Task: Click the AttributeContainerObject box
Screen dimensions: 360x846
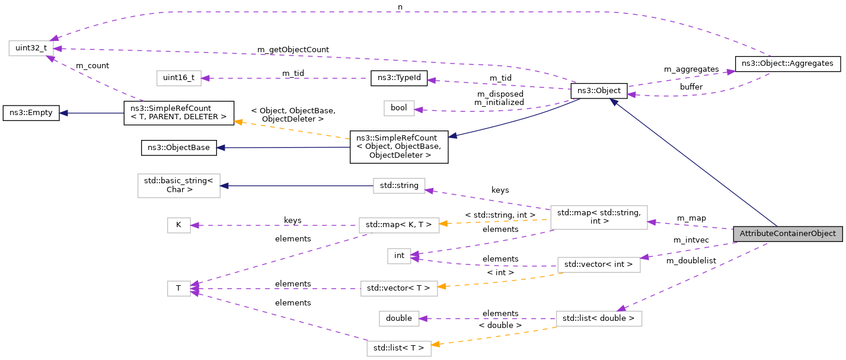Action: click(787, 234)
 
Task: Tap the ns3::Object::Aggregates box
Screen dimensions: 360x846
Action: click(787, 63)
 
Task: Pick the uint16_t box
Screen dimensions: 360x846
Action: click(178, 78)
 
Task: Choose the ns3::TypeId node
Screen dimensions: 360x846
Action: click(400, 78)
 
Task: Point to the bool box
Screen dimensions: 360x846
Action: click(399, 108)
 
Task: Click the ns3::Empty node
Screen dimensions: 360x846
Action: click(31, 113)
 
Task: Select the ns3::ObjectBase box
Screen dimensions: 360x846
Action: click(178, 147)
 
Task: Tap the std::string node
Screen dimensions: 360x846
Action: click(399, 186)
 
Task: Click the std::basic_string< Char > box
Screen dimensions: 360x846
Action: click(178, 186)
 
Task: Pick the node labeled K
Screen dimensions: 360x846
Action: click(178, 225)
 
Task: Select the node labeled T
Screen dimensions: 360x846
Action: click(178, 289)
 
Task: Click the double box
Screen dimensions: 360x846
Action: click(399, 318)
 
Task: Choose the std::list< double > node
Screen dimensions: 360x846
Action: click(599, 318)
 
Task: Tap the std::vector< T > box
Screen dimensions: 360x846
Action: click(399, 289)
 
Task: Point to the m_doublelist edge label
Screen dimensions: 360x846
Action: click(691, 260)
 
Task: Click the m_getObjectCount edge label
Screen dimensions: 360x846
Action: click(293, 49)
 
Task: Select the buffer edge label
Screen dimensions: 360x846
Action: click(691, 87)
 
